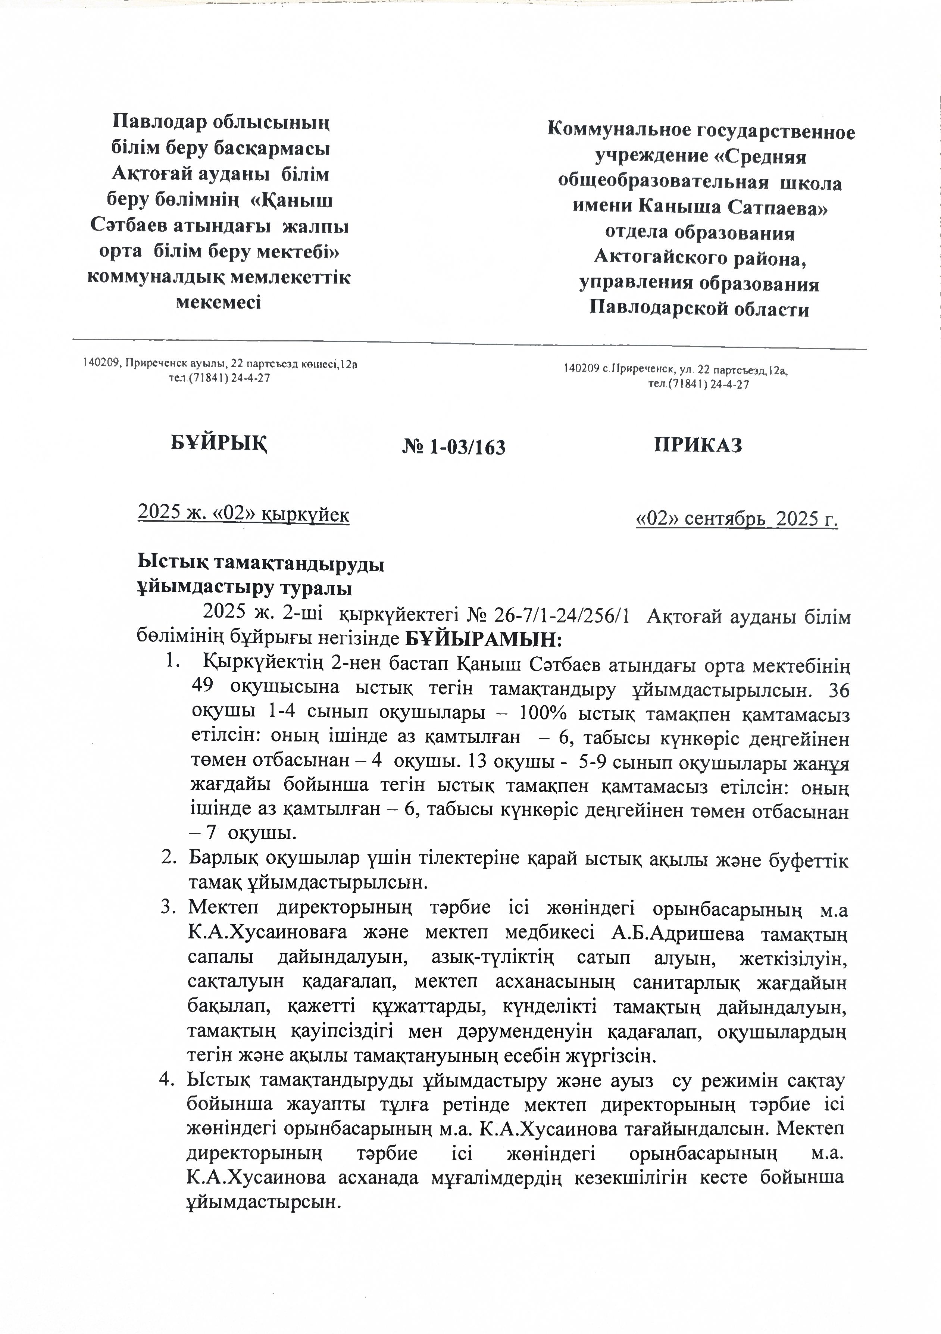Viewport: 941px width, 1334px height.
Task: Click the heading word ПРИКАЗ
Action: coord(698,446)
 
